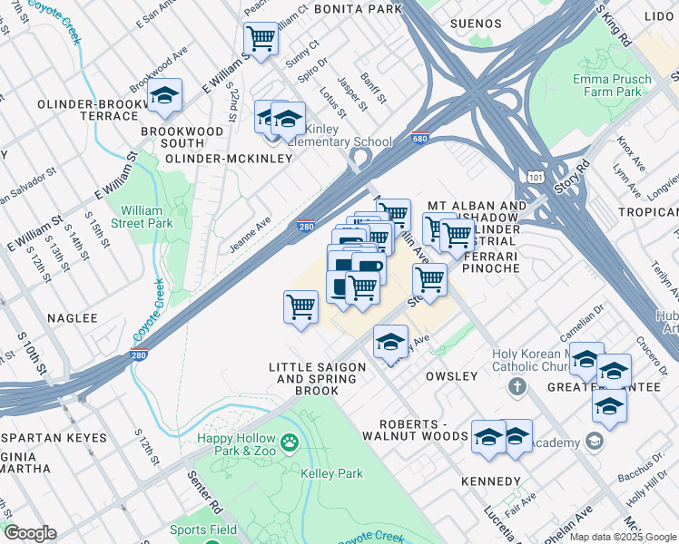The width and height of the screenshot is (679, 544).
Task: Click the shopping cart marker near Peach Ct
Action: pos(261,39)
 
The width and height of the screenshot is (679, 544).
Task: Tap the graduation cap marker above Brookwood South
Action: pos(164,96)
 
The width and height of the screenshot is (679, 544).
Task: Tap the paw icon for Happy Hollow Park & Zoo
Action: pos(289,443)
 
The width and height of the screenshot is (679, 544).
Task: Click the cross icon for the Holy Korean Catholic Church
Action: pos(517,387)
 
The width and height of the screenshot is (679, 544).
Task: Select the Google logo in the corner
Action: pos(30,533)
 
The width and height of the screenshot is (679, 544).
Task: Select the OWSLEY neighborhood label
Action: pos(451,375)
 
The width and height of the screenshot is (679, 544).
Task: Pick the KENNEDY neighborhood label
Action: pos(491,481)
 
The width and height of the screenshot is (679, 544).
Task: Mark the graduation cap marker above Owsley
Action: pos(390,342)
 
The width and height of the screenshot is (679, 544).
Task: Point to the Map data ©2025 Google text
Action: pos(623,537)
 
